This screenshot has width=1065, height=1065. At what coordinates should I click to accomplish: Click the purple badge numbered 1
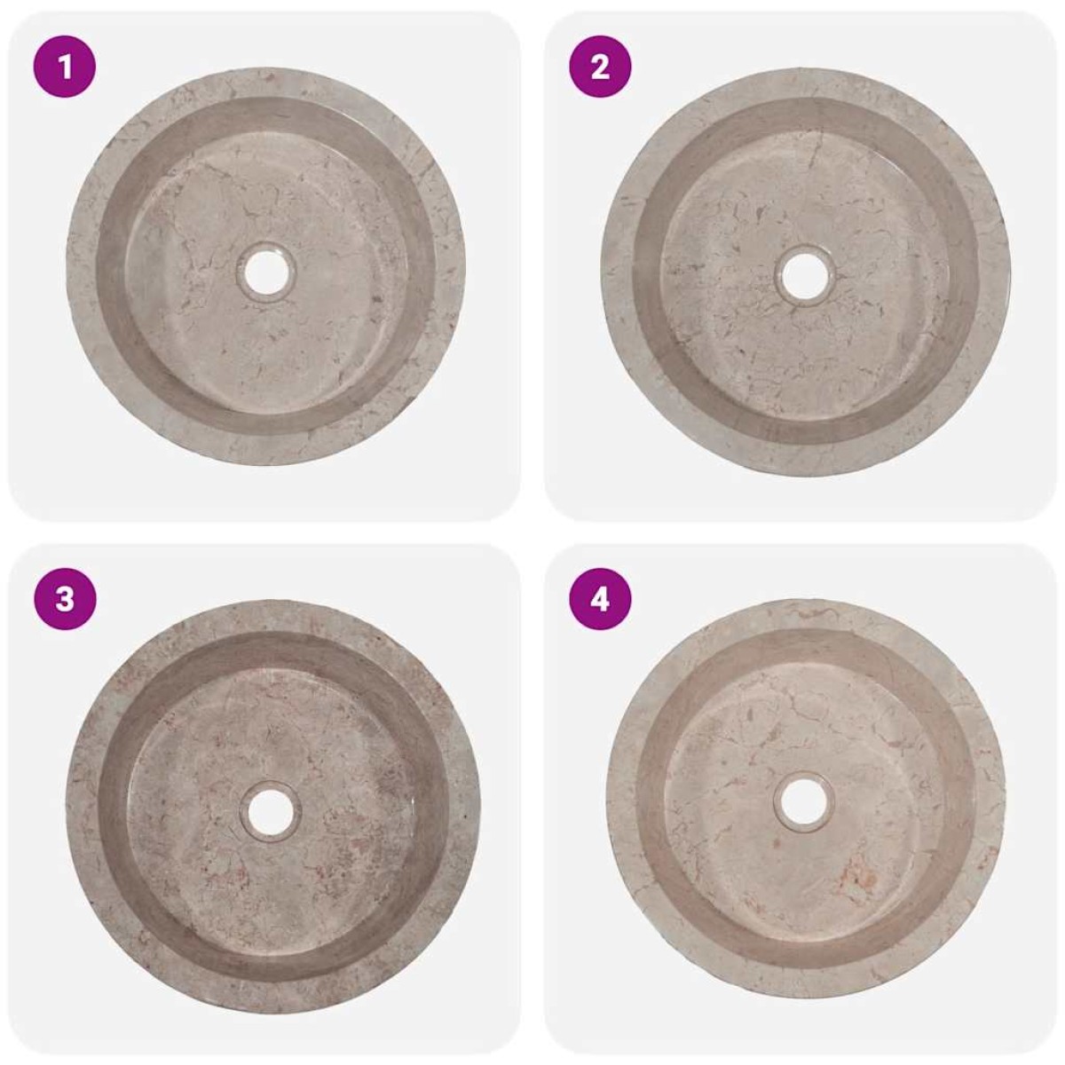click(65, 67)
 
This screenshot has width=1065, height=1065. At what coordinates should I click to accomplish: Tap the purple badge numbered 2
click(600, 67)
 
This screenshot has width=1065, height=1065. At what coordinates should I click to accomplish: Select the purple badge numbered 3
click(65, 599)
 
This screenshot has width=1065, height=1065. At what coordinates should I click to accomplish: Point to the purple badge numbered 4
click(600, 599)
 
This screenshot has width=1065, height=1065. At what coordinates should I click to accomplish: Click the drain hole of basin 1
click(267, 273)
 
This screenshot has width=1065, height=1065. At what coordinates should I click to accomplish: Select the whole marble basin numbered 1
click(266, 267)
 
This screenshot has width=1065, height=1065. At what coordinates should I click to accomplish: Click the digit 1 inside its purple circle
click(65, 67)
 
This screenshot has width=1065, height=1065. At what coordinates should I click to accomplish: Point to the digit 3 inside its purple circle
click(65, 600)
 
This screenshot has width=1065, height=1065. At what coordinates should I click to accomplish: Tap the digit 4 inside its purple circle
click(600, 600)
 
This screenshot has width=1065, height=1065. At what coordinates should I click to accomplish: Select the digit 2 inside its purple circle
click(600, 67)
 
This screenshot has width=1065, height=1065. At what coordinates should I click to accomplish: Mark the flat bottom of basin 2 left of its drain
click(719, 276)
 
